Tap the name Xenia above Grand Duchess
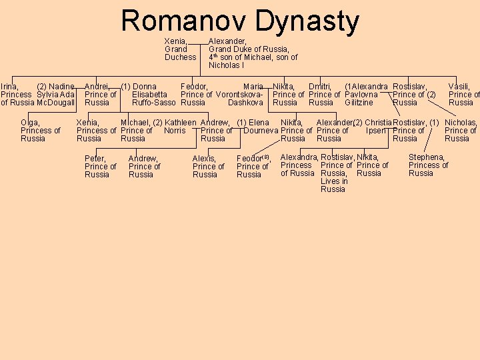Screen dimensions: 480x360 tap(175, 41)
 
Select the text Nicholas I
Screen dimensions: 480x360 tap(226, 65)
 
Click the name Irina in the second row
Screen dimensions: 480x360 tap(9, 87)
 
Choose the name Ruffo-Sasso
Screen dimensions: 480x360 tap(153, 103)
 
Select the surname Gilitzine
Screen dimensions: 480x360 tap(359, 103)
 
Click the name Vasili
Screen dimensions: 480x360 tap(459, 87)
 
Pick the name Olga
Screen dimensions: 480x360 tap(30, 123)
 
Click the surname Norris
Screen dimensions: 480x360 tap(175, 131)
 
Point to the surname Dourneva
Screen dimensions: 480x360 tap(261, 131)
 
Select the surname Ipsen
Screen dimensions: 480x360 tap(376, 131)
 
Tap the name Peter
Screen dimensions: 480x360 tap(95, 159)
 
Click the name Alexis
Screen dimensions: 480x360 tap(204, 159)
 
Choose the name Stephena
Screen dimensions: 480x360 tap(427, 157)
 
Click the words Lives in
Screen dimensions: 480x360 tap(334, 181)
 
